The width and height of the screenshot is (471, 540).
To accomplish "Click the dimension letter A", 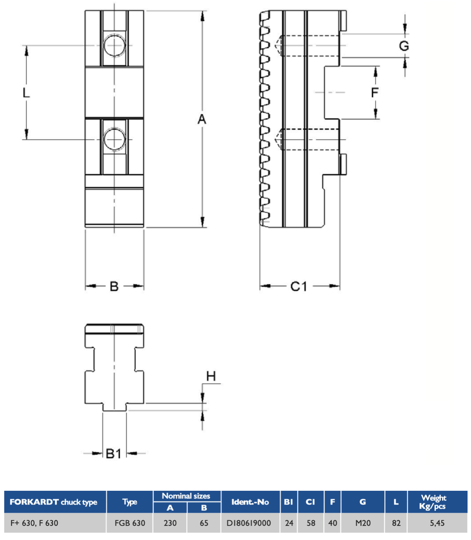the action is pyautogui.click(x=202, y=119).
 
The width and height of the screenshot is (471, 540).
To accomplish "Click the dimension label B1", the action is pyautogui.click(x=114, y=454).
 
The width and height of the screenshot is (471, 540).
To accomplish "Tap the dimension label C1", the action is pyautogui.click(x=299, y=287).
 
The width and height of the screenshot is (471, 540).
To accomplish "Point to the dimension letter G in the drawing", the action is pyautogui.click(x=404, y=46).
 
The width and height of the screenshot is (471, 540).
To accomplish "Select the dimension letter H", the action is pyautogui.click(x=211, y=376).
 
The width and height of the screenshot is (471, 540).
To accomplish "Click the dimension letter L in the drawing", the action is pyautogui.click(x=26, y=93).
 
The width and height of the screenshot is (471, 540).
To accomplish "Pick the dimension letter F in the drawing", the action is pyautogui.click(x=375, y=92).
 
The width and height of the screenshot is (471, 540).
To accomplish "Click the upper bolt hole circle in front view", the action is pyautogui.click(x=114, y=45).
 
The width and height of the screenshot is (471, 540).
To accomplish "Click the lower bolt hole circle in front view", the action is pyautogui.click(x=114, y=139).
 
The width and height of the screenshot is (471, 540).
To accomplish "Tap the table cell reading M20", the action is pyautogui.click(x=363, y=523).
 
